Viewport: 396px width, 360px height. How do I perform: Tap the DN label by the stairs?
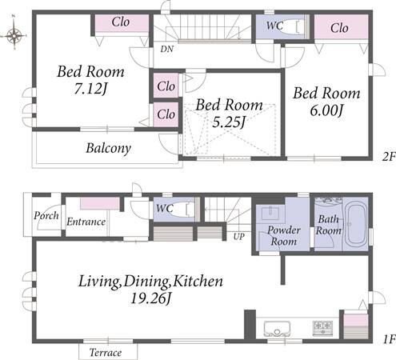pyautogui.click(x=167, y=49)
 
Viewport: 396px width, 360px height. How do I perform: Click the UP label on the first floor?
pyautogui.click(x=238, y=237)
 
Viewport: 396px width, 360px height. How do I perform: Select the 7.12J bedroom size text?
pyautogui.click(x=90, y=89)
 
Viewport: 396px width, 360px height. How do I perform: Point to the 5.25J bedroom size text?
pyautogui.click(x=229, y=122)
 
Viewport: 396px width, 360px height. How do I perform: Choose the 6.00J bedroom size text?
pyautogui.click(x=326, y=110)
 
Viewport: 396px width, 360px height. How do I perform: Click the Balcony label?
pyautogui.click(x=108, y=148)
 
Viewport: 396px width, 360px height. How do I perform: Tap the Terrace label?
pyautogui.click(x=106, y=353)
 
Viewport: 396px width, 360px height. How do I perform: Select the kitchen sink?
pyautogui.click(x=277, y=329)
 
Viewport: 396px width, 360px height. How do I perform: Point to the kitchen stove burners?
pyautogui.click(x=323, y=328)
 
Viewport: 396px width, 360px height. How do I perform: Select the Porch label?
pyautogui.click(x=46, y=215)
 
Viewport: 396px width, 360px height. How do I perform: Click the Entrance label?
pyautogui.click(x=86, y=222)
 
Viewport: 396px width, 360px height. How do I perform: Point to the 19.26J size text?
pyautogui.click(x=150, y=298)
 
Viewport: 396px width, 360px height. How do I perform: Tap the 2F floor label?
pyautogui.click(x=389, y=157)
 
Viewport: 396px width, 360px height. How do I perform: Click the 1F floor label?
pyautogui.click(x=389, y=339)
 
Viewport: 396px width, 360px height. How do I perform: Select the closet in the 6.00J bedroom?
pyautogui.click(x=341, y=27)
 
